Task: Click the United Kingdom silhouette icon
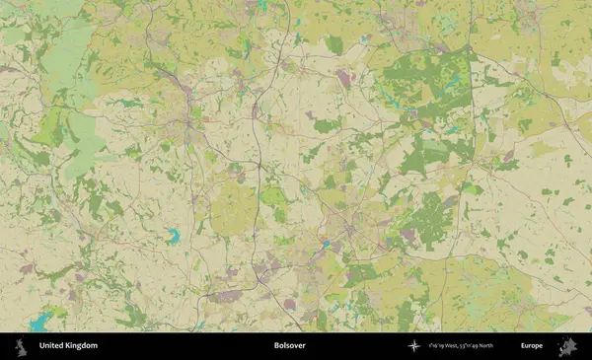[x=19, y=346]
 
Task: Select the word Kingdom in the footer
[x=82, y=346]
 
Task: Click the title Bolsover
[x=290, y=346]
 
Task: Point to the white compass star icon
[x=414, y=346]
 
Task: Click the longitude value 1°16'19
[x=440, y=346]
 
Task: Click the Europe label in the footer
[x=532, y=346]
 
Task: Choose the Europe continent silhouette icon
[x=566, y=346]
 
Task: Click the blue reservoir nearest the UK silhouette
[x=41, y=321]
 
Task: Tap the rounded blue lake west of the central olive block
[x=174, y=236]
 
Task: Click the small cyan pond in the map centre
[x=326, y=243]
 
